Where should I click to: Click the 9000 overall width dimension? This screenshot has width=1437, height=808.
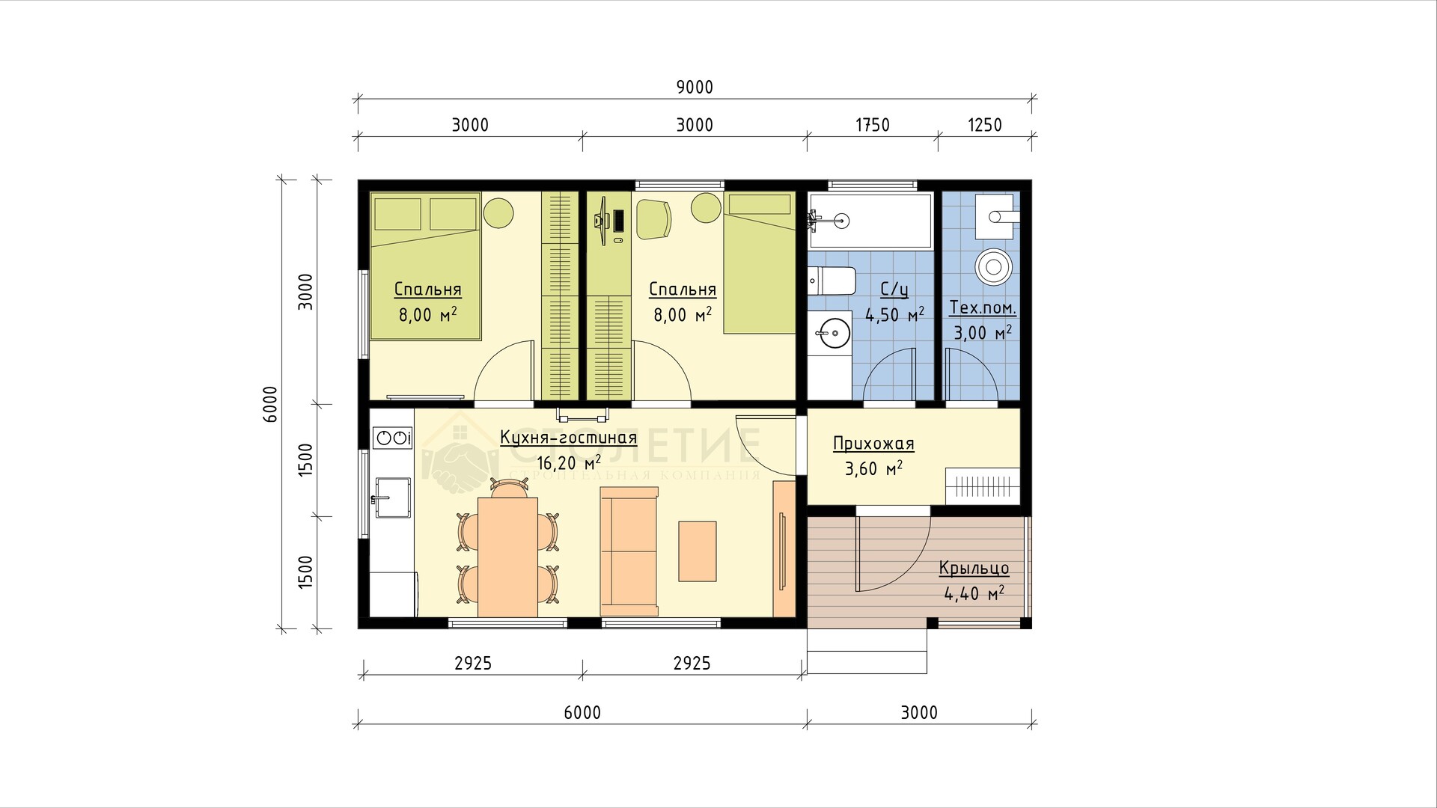(695, 88)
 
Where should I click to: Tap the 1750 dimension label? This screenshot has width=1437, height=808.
(872, 125)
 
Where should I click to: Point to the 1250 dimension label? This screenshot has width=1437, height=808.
(984, 125)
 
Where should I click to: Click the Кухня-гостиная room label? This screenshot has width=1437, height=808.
(568, 438)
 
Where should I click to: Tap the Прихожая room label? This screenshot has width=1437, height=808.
(873, 444)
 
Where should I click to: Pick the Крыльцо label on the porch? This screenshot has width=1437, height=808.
(974, 569)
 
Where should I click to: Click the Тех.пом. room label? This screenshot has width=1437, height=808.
(983, 307)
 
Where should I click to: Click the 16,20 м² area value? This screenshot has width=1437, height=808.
(568, 462)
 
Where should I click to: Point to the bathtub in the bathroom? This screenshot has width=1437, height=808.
(870, 221)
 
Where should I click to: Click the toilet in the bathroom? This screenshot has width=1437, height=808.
(832, 281)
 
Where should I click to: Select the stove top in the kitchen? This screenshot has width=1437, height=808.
(393, 438)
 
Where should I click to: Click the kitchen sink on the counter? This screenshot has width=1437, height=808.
(391, 497)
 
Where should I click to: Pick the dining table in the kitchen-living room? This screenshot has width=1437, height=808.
(507, 557)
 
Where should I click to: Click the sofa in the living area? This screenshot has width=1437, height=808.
(629, 551)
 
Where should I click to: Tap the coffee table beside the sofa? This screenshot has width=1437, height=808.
(698, 551)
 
